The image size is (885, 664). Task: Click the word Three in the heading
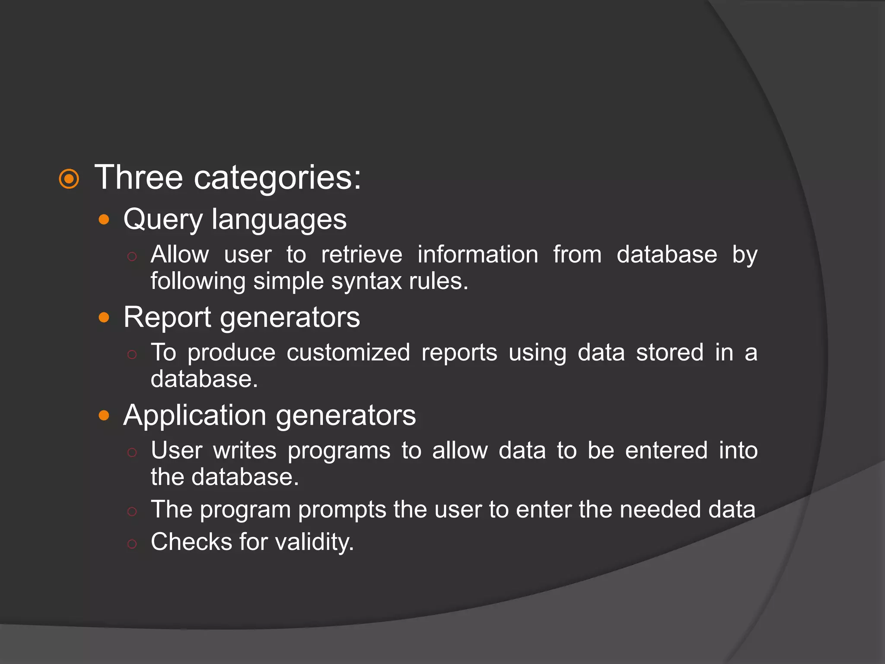tap(138, 177)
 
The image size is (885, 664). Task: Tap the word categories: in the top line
tap(277, 178)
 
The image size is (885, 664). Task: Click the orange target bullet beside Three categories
tap(69, 179)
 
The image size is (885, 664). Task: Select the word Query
tap(162, 220)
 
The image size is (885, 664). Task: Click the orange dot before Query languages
tap(104, 220)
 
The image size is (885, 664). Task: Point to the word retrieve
tap(362, 254)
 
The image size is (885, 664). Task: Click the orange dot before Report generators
tap(104, 318)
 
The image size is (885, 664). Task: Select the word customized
tap(348, 352)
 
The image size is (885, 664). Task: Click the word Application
tap(194, 415)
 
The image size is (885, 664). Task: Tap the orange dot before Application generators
tap(104, 415)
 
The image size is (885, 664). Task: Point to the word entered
tap(666, 450)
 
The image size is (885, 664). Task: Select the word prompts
tap(342, 510)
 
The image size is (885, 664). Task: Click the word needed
tap(660, 509)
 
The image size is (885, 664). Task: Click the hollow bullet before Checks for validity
tap(132, 544)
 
